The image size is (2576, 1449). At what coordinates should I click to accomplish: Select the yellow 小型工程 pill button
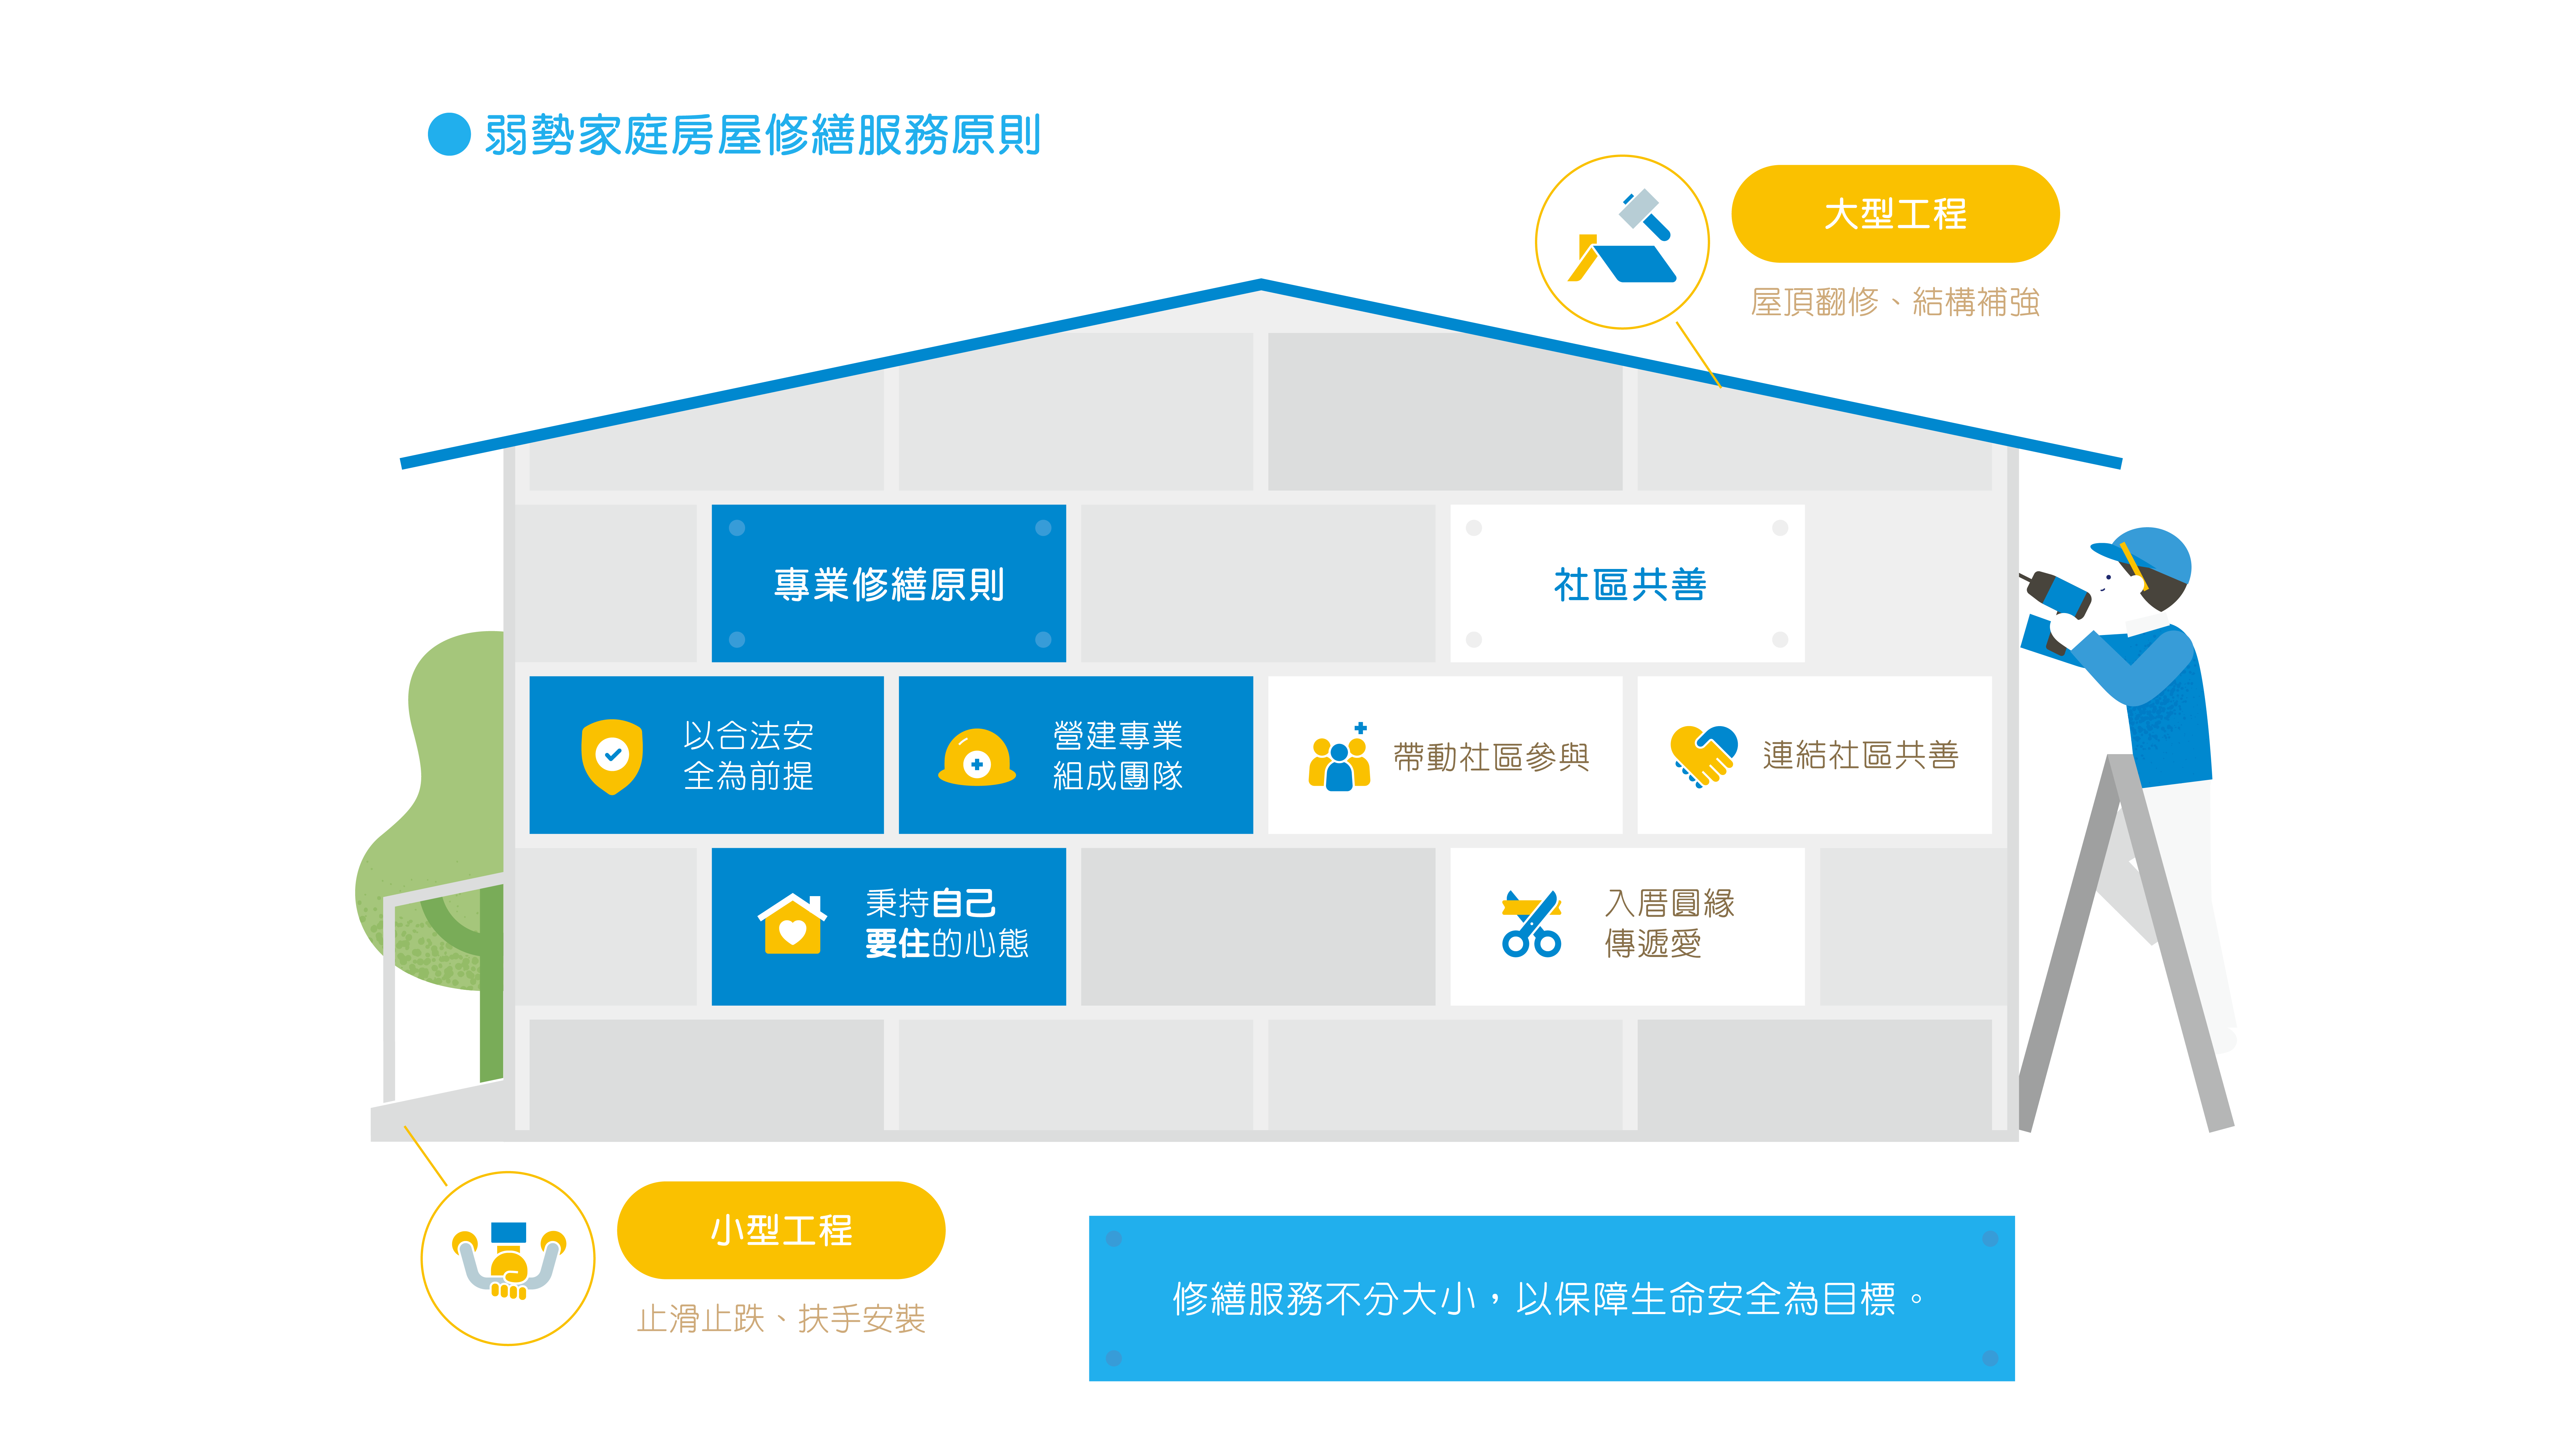tap(781, 1229)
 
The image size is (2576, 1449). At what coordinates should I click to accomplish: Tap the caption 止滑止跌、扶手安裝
tap(781, 1318)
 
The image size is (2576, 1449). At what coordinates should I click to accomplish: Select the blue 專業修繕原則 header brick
tap(888, 583)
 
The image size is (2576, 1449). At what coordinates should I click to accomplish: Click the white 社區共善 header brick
tap(1627, 583)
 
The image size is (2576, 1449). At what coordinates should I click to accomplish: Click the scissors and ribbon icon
tap(1531, 923)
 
